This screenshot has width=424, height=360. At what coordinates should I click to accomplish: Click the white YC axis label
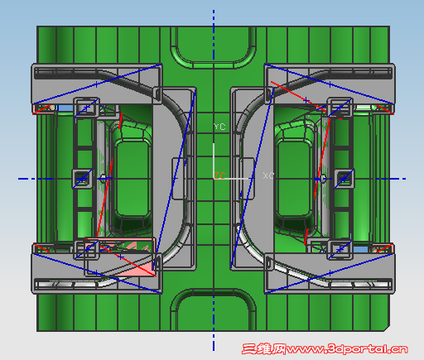(x=219, y=127)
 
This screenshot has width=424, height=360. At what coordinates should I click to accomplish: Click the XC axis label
(x=268, y=175)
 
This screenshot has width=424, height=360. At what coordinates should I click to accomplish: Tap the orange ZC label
(x=220, y=175)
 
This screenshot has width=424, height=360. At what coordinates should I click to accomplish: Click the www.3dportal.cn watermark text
(x=347, y=349)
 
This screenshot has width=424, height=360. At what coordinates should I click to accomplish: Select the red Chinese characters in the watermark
(x=264, y=349)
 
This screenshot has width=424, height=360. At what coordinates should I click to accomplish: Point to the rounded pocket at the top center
(x=214, y=47)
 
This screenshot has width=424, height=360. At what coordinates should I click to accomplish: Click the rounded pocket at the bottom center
(x=214, y=310)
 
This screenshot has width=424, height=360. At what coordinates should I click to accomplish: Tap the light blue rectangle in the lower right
(x=361, y=250)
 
